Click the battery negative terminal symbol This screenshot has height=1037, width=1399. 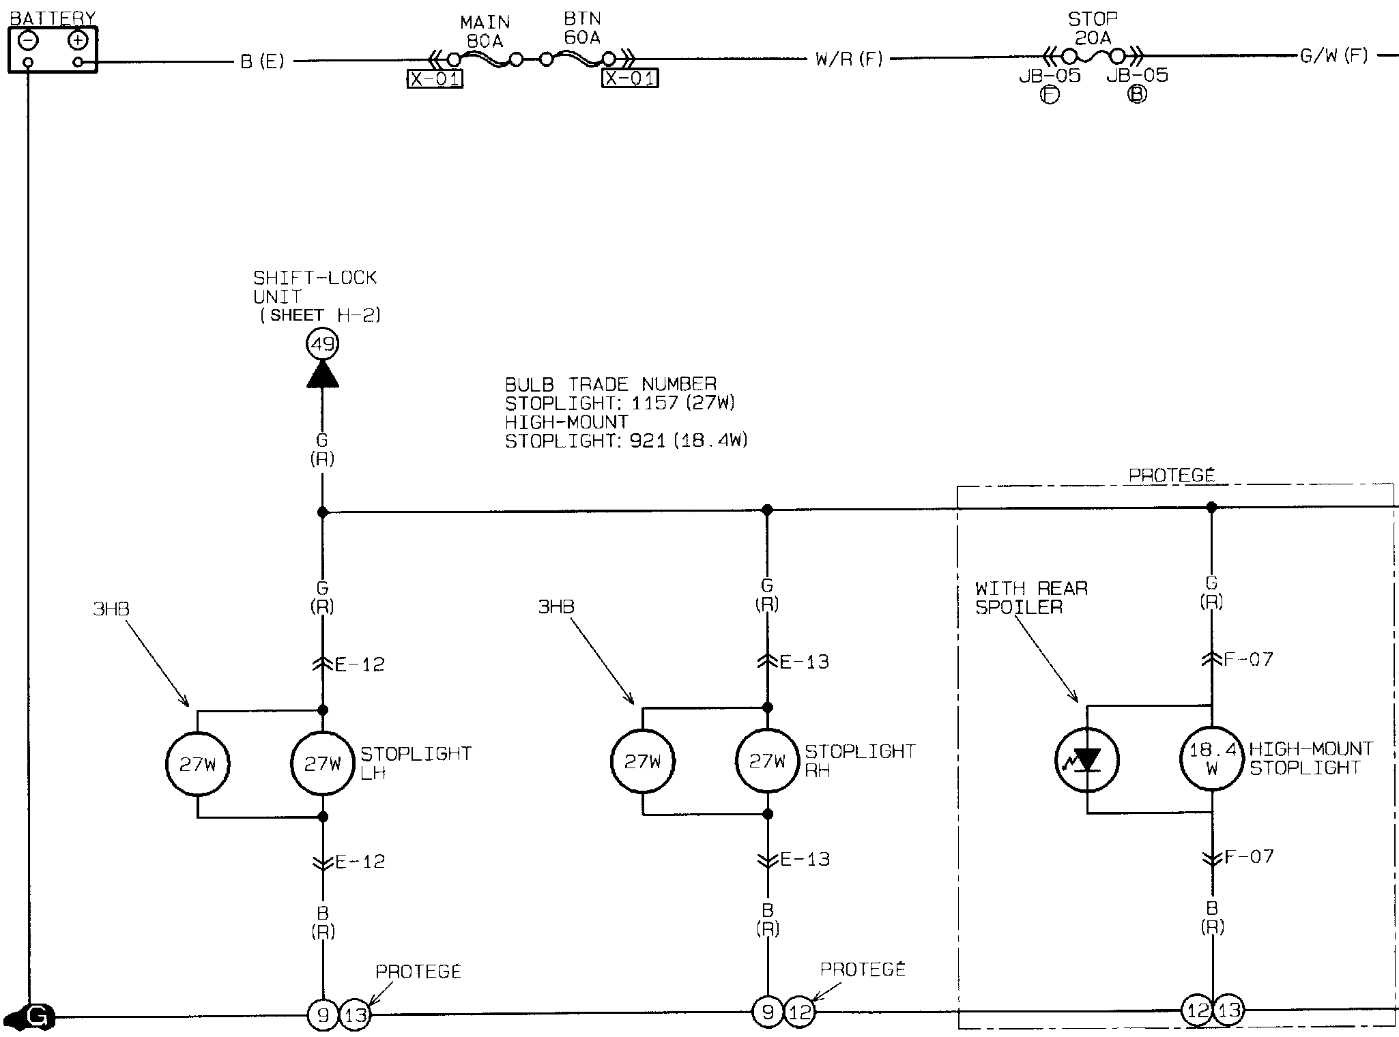pos(28,41)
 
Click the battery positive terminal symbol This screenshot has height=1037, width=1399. pos(78,41)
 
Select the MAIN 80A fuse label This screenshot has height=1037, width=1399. pos(485,32)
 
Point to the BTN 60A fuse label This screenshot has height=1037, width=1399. pos(582,29)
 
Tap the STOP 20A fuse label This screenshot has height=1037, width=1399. pos(1093,28)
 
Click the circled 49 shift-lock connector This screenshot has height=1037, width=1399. pos(322,343)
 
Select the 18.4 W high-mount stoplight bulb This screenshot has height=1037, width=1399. pos(1212,759)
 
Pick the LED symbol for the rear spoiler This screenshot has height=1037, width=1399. pos(1086,759)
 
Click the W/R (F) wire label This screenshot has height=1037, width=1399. pos(849,59)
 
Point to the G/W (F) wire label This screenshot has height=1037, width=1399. pos(1333,56)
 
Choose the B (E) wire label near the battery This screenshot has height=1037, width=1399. pos(262,61)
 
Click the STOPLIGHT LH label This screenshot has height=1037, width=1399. pos(415,763)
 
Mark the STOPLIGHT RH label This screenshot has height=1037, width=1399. pos(859,760)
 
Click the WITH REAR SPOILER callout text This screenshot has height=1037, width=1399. pos(1030,598)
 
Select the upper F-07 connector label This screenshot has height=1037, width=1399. pos(1248,660)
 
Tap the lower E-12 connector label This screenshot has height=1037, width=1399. pos(360,862)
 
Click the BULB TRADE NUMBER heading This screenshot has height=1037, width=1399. pos(611,384)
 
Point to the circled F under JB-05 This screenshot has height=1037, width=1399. pos(1050,95)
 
